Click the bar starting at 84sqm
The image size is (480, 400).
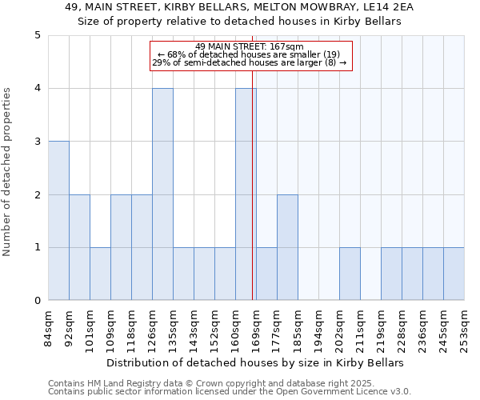[58, 221]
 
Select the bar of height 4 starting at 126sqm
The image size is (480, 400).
[162, 194]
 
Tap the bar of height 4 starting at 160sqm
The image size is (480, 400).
[246, 194]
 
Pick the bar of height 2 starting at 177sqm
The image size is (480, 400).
[287, 247]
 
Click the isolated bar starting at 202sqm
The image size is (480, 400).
[350, 274]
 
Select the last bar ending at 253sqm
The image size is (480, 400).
[454, 274]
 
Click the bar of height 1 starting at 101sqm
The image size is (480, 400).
[100, 274]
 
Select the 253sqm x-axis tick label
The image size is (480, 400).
[464, 326]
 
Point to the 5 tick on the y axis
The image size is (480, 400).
[37, 35]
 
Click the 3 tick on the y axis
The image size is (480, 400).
[37, 142]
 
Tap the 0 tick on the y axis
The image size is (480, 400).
[37, 301]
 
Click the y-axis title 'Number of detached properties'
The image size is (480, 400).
[8, 173]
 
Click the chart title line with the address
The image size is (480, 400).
[238, 8]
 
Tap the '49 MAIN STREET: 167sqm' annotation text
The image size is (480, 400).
[249, 46]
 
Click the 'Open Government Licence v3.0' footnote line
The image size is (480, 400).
[230, 392]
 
